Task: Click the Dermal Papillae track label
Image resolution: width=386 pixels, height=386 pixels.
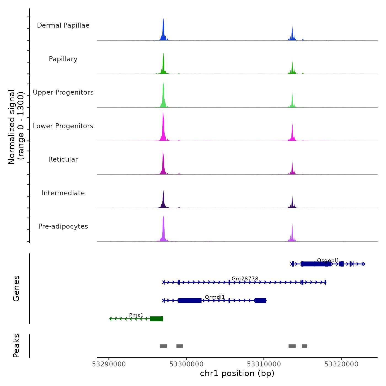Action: tap(63, 25)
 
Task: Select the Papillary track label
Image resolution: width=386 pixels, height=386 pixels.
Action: tap(63, 59)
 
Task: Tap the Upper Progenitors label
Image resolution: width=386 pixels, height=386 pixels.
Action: tap(63, 92)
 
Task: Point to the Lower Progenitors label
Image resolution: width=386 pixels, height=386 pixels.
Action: tap(63, 126)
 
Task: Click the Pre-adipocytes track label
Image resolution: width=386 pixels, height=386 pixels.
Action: tap(63, 226)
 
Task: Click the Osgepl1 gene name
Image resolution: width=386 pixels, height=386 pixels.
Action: tap(328, 260)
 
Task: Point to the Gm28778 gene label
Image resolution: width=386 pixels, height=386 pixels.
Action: tap(245, 278)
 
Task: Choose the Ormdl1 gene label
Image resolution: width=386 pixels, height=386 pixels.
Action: tap(215, 297)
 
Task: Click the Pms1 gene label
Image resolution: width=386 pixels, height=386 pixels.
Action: tap(136, 315)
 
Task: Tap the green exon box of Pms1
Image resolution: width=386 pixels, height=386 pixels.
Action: tap(156, 319)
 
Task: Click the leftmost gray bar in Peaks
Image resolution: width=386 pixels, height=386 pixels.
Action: tap(163, 346)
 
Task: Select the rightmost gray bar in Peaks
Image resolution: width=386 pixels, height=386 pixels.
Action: tap(304, 346)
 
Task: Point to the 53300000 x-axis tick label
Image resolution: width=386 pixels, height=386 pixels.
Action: tap(186, 364)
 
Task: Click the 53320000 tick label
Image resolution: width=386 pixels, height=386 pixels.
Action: tap(341, 364)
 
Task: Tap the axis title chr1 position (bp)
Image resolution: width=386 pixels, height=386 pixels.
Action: tap(237, 373)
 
